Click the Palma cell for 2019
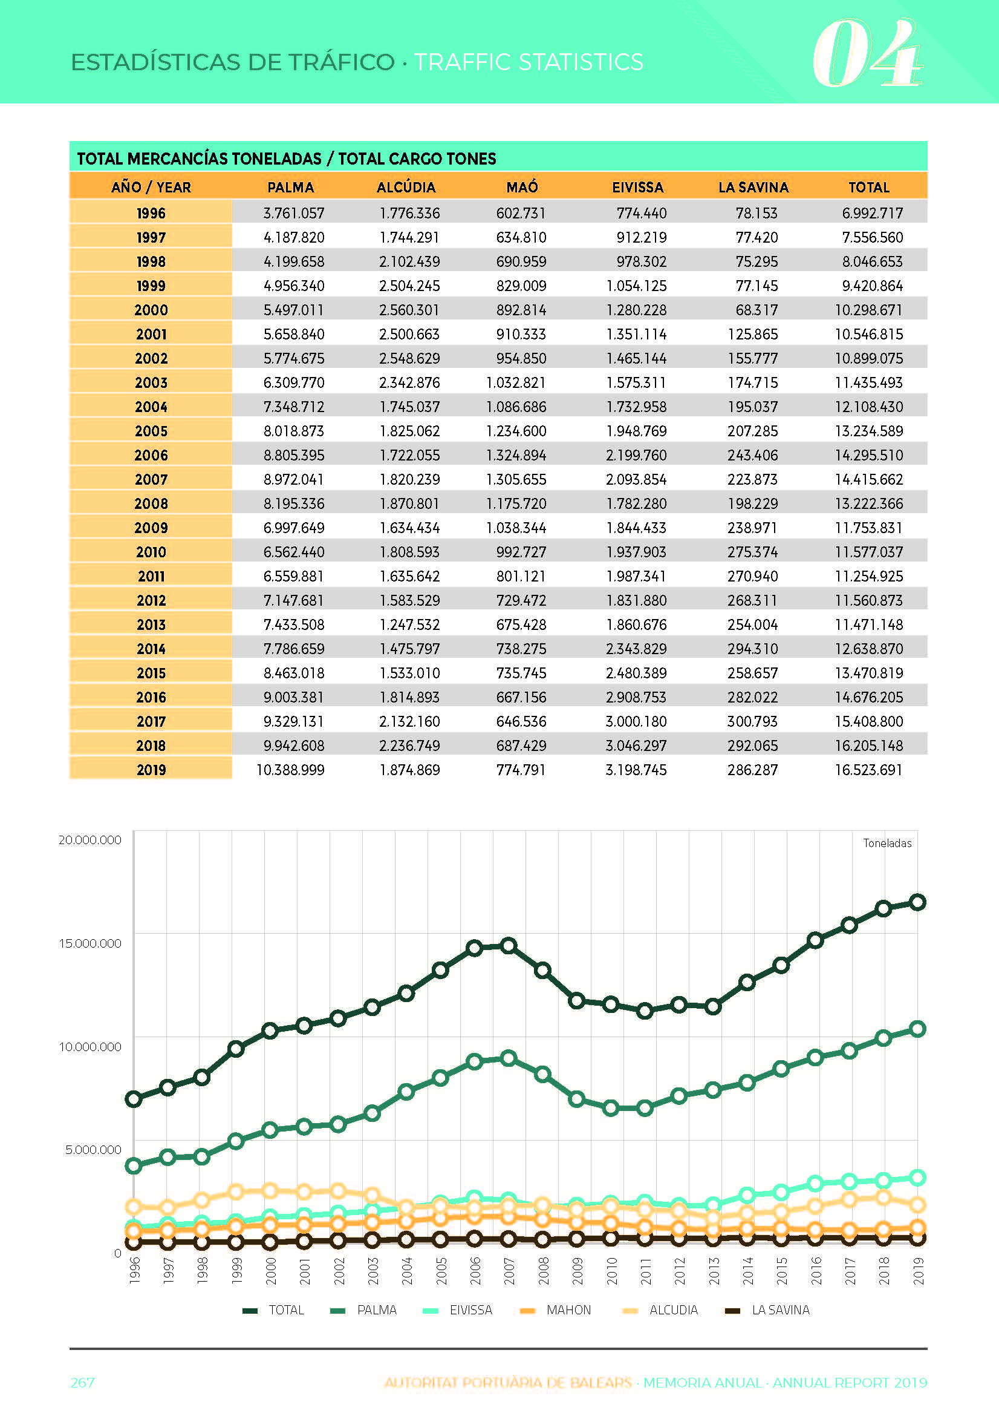click(x=290, y=770)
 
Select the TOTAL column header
click(x=868, y=187)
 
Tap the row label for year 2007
click(x=151, y=479)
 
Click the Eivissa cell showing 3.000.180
click(x=636, y=721)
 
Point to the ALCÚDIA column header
click(x=406, y=187)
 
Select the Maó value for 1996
click(x=521, y=213)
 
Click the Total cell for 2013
click(x=868, y=624)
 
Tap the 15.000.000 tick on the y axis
click(x=90, y=943)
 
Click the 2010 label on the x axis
click(x=611, y=1271)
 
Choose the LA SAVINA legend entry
click(x=767, y=1310)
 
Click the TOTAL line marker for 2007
click(x=509, y=946)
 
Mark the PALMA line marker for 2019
click(x=918, y=1029)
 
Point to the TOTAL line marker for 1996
click(x=134, y=1099)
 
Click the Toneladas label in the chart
click(x=887, y=843)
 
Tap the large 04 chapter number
click(x=867, y=54)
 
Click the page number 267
click(x=83, y=1383)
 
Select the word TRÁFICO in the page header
click(x=341, y=62)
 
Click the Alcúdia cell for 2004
click(x=409, y=407)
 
